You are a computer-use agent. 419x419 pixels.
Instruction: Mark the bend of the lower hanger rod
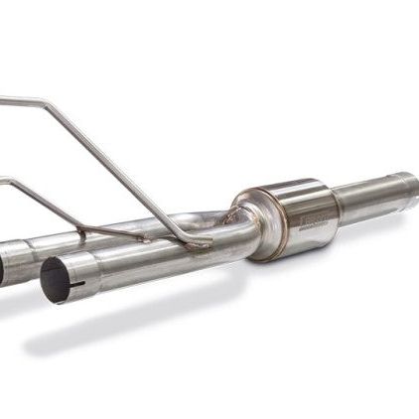tap(8, 180)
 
